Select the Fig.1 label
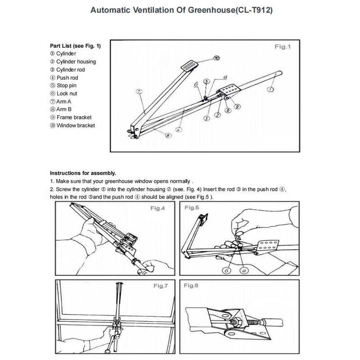(x=283, y=46)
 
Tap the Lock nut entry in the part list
(x=66, y=94)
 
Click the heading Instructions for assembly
(x=82, y=173)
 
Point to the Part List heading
(x=75, y=45)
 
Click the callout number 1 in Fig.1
(x=270, y=89)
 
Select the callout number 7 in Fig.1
(x=139, y=91)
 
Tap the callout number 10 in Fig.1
(x=216, y=58)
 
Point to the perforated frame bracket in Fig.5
(x=269, y=247)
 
